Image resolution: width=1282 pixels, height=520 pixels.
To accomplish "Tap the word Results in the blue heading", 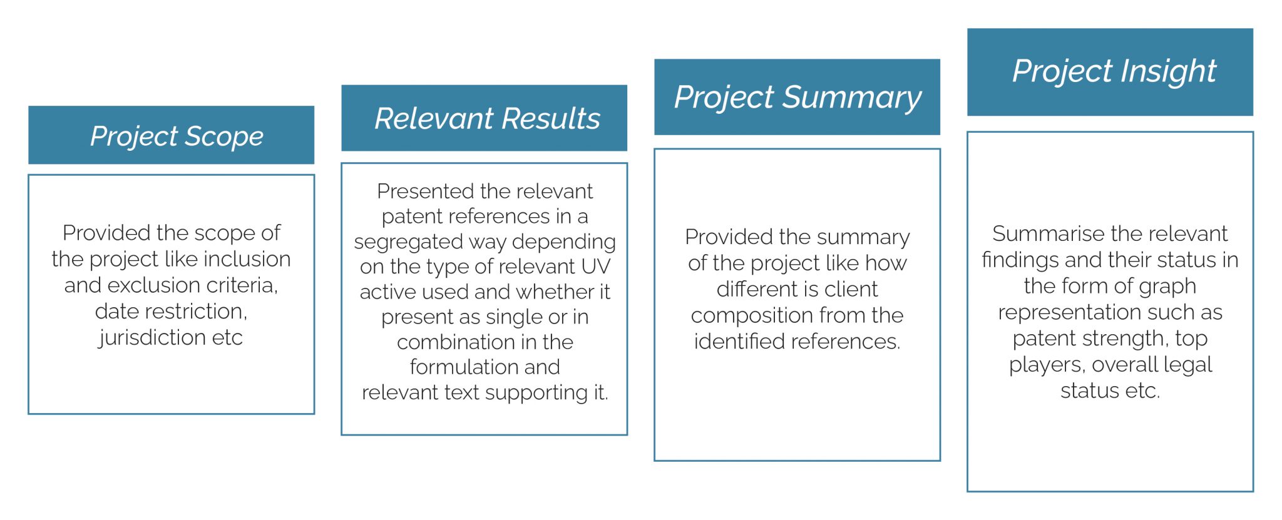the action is point(551,118).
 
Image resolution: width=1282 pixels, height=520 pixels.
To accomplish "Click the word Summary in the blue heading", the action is point(852,98).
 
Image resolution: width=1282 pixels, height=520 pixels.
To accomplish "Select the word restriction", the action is point(202,311).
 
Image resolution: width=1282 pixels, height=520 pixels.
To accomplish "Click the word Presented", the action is point(418,191).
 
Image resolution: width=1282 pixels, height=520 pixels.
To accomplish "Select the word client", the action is point(851,289).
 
